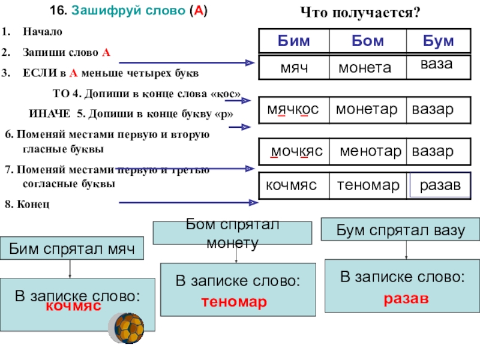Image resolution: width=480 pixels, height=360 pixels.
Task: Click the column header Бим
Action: [293, 41]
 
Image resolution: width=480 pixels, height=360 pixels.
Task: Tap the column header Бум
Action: [438, 41]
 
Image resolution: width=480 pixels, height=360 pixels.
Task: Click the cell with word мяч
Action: [294, 68]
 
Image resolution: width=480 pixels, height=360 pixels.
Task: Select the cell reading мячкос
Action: [293, 110]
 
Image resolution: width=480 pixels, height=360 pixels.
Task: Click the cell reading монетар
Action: [367, 110]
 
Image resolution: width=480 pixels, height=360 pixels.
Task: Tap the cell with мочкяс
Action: [296, 151]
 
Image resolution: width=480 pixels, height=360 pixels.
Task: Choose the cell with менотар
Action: [370, 151]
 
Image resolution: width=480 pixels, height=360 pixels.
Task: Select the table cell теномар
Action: [368, 187]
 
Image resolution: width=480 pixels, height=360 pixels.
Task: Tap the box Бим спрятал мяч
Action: [71, 248]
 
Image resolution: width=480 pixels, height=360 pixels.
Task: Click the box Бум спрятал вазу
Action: [401, 230]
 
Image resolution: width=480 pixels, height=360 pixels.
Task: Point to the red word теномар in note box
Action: [238, 302]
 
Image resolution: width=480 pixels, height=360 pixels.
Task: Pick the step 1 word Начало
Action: [42, 31]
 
